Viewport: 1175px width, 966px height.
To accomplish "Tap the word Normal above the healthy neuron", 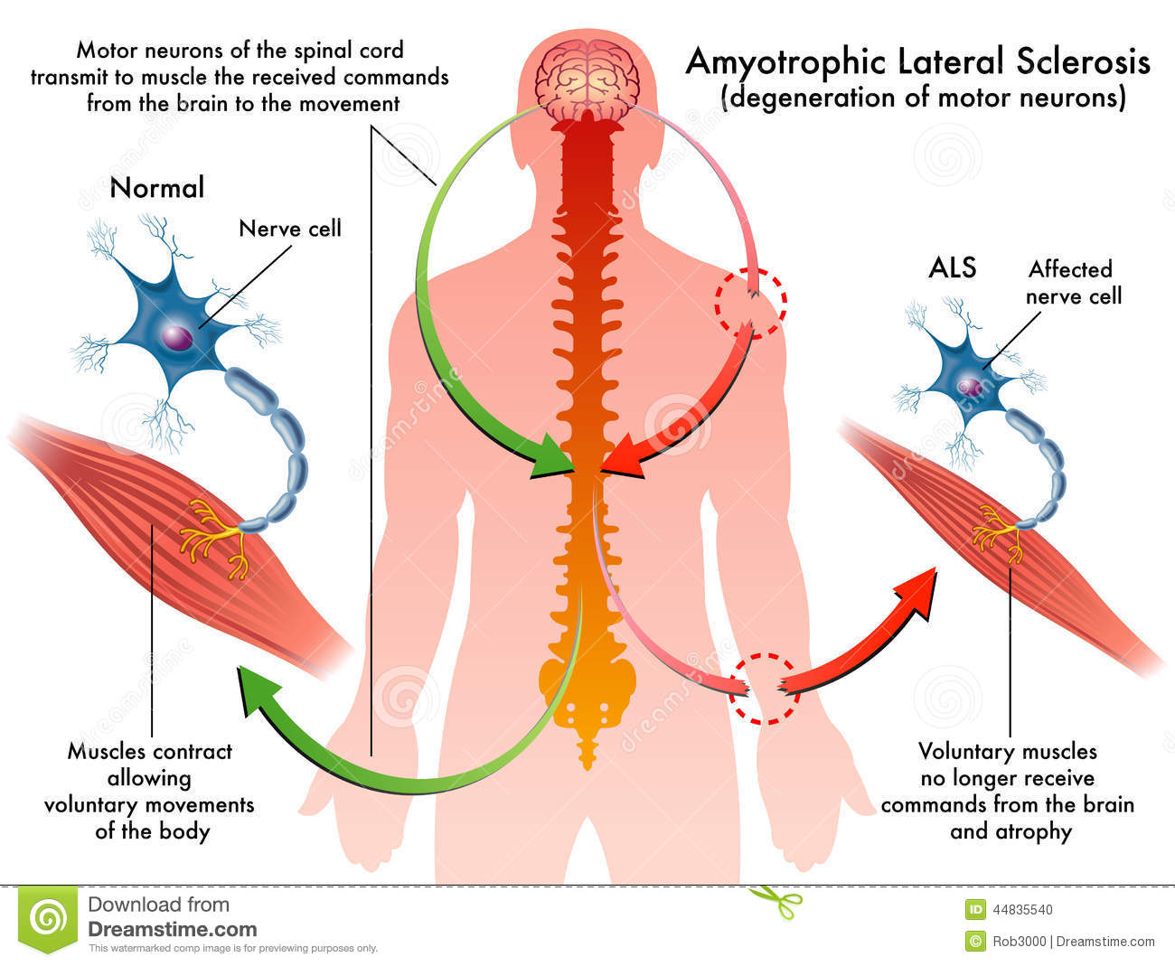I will tap(157, 188).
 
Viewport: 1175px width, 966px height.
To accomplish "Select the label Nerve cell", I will tap(290, 228).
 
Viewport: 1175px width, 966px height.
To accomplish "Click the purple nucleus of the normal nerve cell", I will tap(177, 337).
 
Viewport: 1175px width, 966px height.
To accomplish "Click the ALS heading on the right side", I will tap(953, 268).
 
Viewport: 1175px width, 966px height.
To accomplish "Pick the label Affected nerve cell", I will tap(1073, 282).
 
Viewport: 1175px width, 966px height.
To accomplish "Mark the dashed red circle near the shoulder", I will tap(751, 302).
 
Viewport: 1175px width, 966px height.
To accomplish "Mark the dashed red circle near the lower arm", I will tap(766, 689).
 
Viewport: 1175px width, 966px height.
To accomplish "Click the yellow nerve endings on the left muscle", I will tap(214, 538).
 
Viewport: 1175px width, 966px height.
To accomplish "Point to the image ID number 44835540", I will tap(1022, 910).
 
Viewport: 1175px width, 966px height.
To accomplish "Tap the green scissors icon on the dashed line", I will tap(775, 899).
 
